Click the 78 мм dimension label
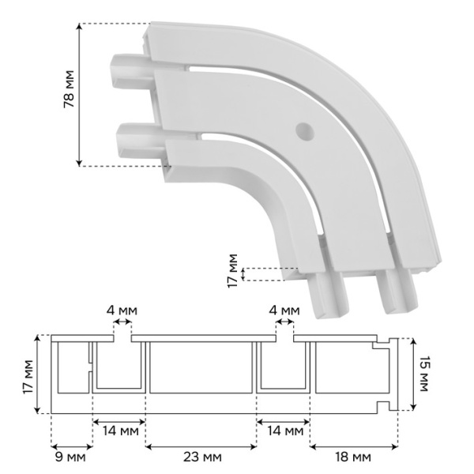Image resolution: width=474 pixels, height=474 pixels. click(x=69, y=88)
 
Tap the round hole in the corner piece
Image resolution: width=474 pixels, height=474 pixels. click(x=305, y=132)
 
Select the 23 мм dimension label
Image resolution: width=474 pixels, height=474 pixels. click(x=202, y=457)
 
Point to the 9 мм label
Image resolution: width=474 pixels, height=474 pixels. click(x=70, y=457)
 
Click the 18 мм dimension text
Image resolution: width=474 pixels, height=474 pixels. click(x=353, y=457)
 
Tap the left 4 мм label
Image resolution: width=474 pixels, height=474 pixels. click(x=122, y=310)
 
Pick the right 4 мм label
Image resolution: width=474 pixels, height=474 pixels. click(x=284, y=310)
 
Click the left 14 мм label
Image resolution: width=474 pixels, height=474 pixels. click(x=120, y=431)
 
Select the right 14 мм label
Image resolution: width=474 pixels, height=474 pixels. click(x=285, y=431)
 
